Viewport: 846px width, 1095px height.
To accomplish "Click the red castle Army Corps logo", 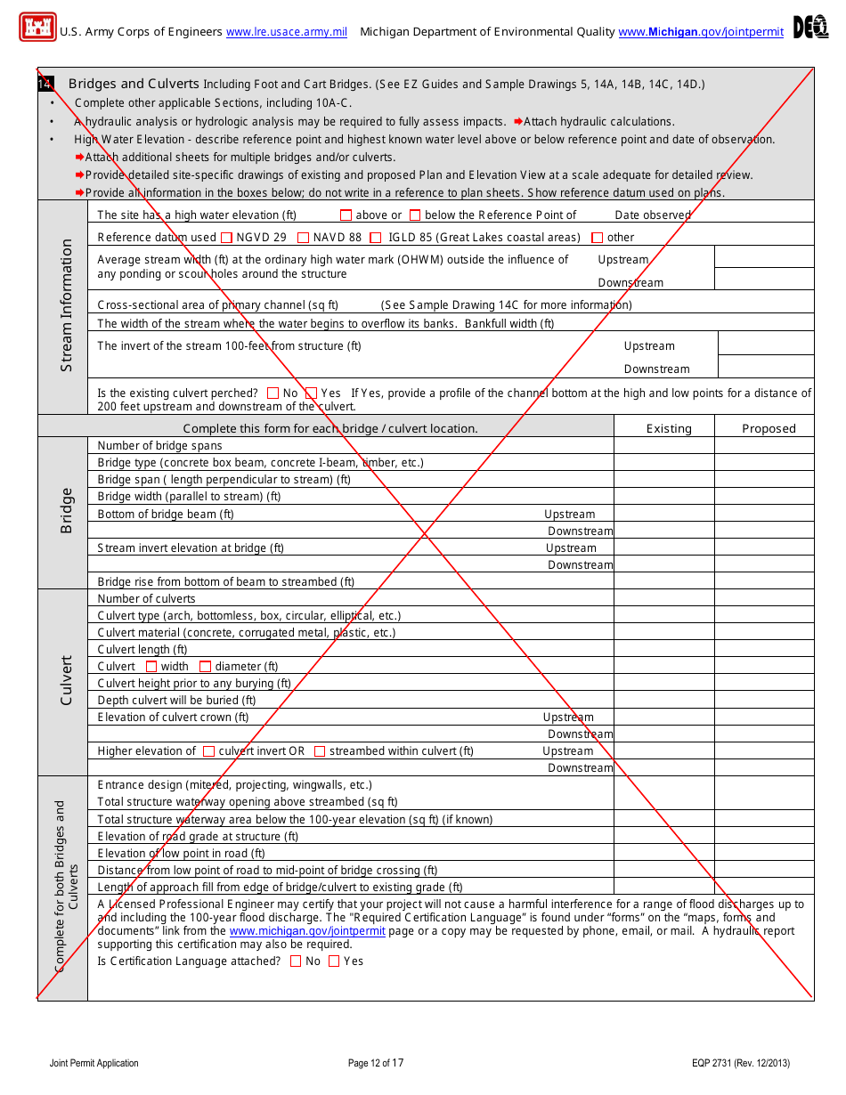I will point(37,28).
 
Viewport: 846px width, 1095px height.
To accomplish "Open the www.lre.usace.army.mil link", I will point(286,32).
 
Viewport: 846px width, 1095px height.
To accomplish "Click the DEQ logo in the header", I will point(809,28).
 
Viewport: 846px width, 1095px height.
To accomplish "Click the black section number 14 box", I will point(45,84).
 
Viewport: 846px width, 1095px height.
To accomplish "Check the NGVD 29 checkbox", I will point(226,238).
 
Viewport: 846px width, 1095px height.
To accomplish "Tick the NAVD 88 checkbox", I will point(303,238).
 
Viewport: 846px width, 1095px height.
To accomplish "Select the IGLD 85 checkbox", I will point(376,238).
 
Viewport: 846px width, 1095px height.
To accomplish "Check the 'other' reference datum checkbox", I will point(597,238).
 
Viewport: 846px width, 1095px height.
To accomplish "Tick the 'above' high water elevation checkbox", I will point(346,215).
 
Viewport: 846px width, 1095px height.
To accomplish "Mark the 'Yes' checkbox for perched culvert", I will point(311,393).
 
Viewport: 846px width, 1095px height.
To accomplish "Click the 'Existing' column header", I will point(669,428).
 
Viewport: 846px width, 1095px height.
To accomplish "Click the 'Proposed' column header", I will point(769,428).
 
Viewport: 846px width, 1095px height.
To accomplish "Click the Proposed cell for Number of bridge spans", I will point(764,446).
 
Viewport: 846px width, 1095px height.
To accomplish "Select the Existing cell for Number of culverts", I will point(663,599).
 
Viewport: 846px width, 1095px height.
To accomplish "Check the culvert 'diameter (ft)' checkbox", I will point(205,667).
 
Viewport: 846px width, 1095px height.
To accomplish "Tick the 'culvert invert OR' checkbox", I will point(208,751).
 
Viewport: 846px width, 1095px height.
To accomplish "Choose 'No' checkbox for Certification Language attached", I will point(296,961).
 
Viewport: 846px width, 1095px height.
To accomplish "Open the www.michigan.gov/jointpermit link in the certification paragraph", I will point(307,931).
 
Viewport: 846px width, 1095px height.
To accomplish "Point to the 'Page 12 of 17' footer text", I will point(376,1063).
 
